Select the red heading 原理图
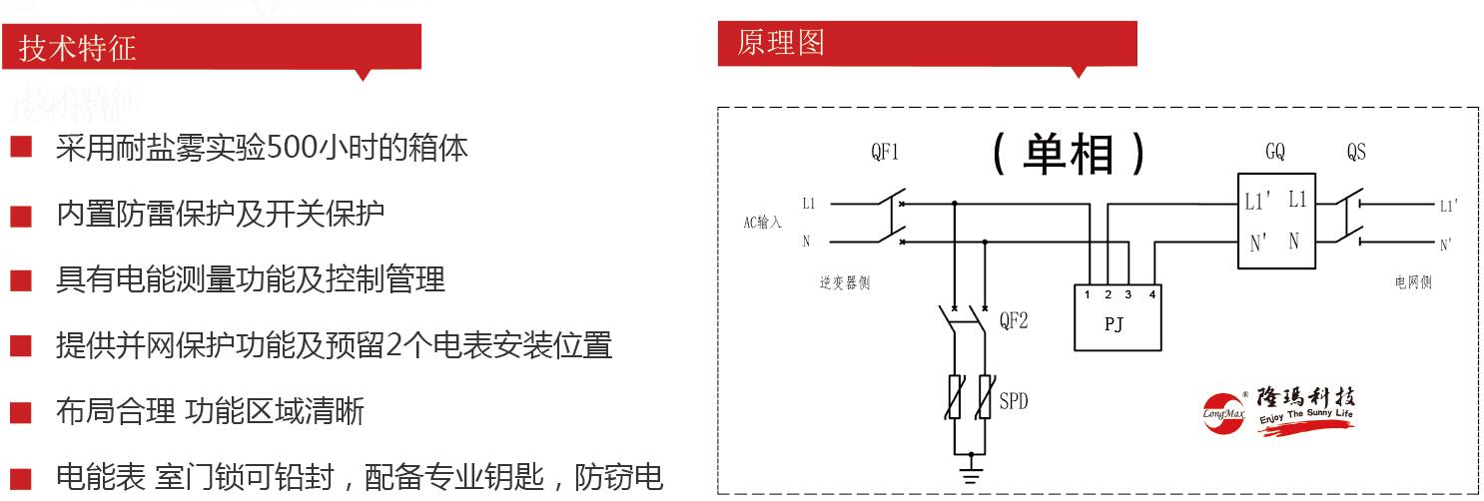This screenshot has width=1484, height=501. [781, 43]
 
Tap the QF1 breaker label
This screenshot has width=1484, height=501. [885, 153]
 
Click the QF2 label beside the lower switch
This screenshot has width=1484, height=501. [1013, 321]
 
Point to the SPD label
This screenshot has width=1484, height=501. [1014, 402]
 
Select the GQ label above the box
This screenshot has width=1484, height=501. [1274, 153]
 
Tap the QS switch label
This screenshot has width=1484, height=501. [1355, 153]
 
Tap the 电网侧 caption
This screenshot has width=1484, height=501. [1413, 283]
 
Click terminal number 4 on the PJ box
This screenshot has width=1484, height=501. [1152, 295]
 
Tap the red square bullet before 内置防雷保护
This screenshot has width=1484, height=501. [22, 216]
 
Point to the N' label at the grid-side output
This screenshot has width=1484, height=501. [1445, 244]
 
